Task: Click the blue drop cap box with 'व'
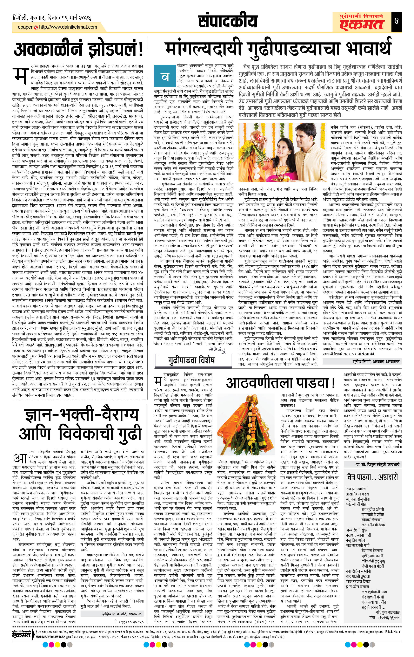point(163,77)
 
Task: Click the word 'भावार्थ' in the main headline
point(368,49)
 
